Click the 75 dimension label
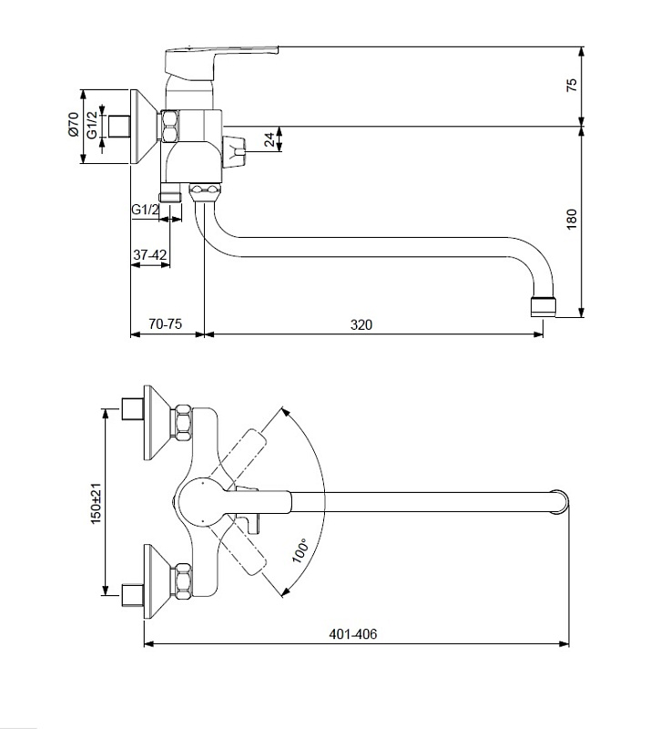(572, 85)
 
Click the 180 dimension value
(572, 219)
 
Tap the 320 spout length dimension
(361, 324)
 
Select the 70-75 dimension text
(165, 324)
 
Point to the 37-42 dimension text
(149, 255)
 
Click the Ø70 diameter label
(74, 124)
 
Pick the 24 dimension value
(269, 139)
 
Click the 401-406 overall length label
(353, 633)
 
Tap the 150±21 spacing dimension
(96, 504)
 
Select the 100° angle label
(300, 550)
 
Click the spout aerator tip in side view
(543, 307)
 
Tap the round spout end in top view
(560, 502)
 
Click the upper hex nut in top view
(183, 423)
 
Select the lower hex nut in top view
(183, 581)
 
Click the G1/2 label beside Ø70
(93, 125)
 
